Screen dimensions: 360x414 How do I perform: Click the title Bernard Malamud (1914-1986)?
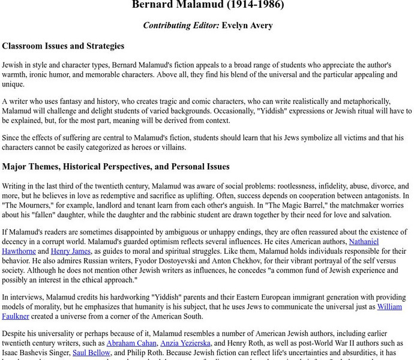click(208, 5)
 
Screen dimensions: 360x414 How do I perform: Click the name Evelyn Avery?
click(247, 25)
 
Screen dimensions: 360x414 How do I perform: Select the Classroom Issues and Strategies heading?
click(63, 46)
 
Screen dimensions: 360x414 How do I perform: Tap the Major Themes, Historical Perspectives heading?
click(116, 167)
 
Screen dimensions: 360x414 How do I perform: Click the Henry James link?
click(71, 251)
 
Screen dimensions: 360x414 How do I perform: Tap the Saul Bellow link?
click(91, 353)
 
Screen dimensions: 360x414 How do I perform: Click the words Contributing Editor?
click(181, 25)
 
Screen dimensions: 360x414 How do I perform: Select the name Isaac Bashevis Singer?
click(35, 353)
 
